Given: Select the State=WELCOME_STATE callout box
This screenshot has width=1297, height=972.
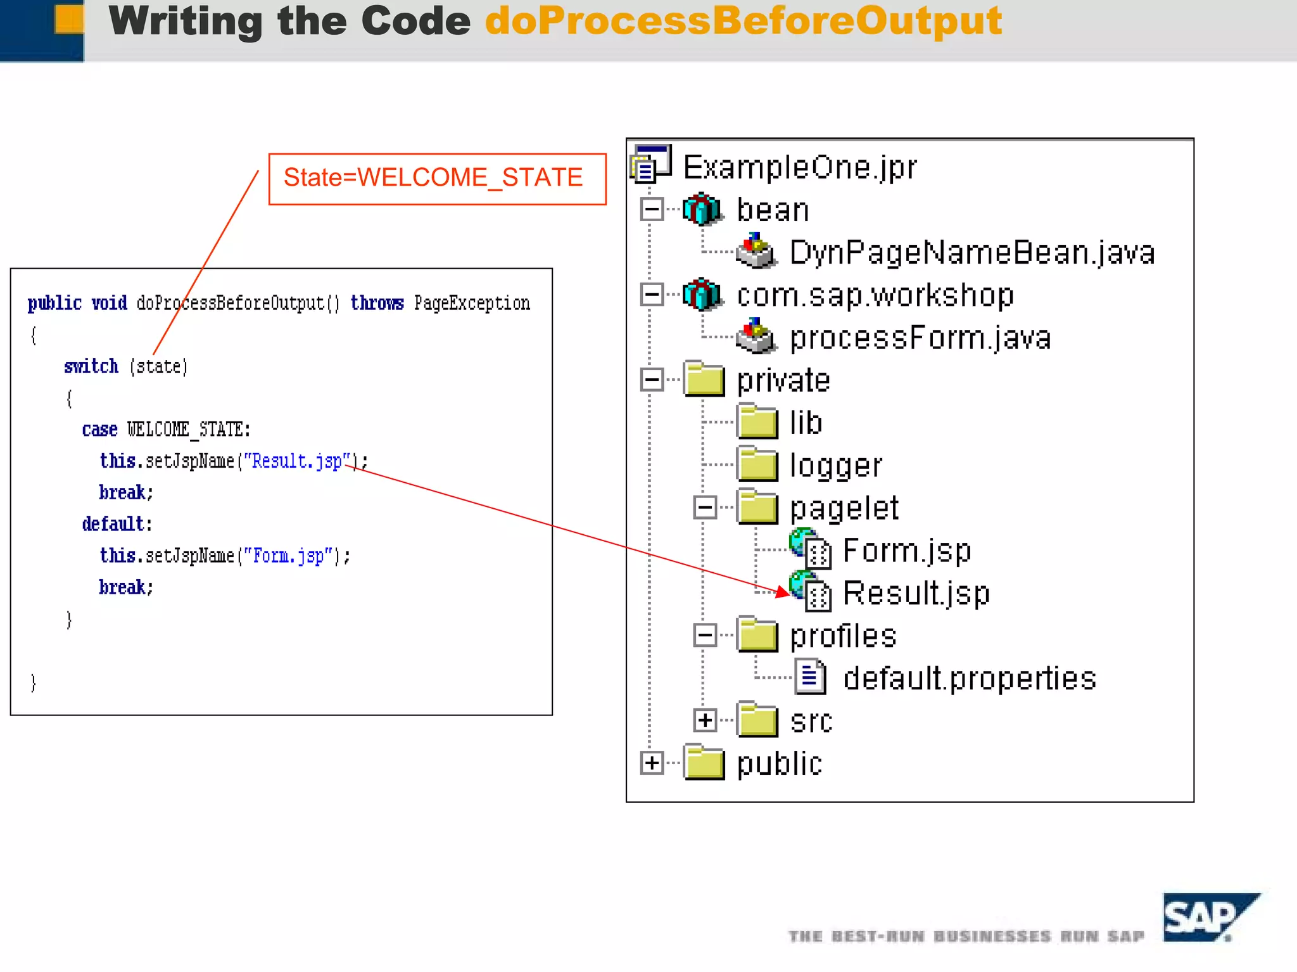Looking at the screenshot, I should pos(437,179).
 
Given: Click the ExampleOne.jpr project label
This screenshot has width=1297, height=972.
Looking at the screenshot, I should pos(799,168).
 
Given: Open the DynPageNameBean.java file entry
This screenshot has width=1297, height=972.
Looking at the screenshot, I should pos(971,253).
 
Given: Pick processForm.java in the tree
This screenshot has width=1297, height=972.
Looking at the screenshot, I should pos(920,338).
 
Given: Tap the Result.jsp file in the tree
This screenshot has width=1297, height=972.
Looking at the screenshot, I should pos(916,594).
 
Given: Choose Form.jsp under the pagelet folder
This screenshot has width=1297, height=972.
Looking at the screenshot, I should pos(906,551).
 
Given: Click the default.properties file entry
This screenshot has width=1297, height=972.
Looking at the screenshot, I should pos(969,679).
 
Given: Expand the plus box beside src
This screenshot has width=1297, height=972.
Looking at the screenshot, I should pos(705,720).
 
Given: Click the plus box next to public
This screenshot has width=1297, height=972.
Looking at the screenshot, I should pos(652,763).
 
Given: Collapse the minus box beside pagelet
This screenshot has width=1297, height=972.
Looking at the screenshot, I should pos(705,508).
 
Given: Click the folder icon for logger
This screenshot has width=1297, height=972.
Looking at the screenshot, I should pos(757,464).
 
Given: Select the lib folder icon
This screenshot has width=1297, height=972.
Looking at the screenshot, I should pos(757,422).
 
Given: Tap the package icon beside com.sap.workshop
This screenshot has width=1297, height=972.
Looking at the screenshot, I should pos(702,295).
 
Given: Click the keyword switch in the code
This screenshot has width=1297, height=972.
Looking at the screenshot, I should pos(91,366).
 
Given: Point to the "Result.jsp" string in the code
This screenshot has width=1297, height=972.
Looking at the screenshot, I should pos(297,461).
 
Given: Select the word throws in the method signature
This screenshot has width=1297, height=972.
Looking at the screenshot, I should pos(377,303).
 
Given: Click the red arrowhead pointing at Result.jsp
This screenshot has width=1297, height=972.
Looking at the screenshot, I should pos(783,592).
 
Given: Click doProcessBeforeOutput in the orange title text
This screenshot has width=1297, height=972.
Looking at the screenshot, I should pos(743,21).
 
